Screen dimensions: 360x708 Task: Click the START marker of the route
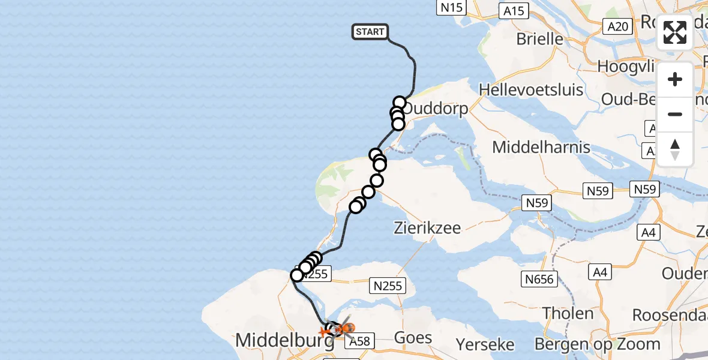coord(370,32)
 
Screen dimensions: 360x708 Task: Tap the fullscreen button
coord(675,32)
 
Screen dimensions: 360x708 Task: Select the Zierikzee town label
coord(427,228)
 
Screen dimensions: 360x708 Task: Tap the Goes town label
coord(413,337)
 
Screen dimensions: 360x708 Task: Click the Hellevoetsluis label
coord(531,90)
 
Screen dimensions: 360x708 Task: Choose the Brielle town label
coord(540,39)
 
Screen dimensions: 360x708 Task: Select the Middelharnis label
coord(541,147)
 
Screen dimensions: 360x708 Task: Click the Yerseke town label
coord(485,344)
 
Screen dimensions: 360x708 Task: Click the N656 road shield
coord(539,278)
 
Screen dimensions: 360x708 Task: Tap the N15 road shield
coord(452,8)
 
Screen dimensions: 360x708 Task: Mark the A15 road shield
coord(514,10)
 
